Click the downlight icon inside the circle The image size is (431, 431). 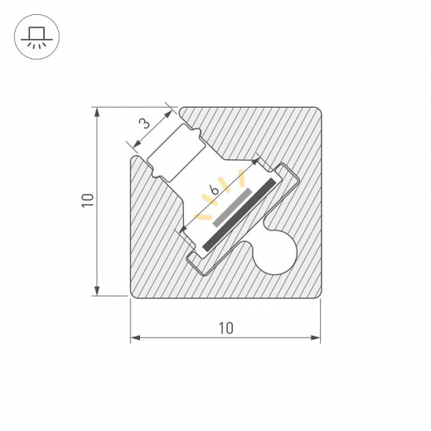(35, 38)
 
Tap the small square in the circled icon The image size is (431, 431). (35, 33)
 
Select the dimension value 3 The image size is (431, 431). (144, 124)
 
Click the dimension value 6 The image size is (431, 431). (214, 191)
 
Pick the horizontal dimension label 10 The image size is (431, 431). (225, 327)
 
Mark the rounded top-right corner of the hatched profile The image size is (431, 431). (315, 112)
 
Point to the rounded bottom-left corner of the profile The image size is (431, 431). (137, 290)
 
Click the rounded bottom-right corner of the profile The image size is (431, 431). (315, 290)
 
